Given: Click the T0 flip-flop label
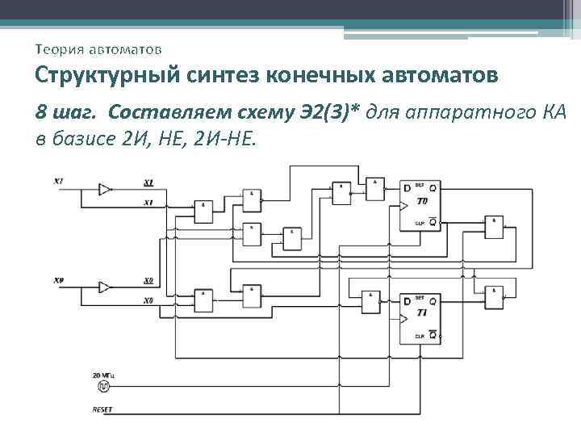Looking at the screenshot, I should point(422,200).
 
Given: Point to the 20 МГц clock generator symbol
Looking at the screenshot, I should point(103,388).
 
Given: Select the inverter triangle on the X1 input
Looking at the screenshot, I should point(105,189).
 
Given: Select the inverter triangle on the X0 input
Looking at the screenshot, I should point(105,287).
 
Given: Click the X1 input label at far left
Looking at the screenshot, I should point(59,182).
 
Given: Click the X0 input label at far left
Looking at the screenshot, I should point(59,280).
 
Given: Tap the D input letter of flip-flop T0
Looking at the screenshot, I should point(407,189).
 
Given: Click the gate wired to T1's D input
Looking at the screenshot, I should point(370,300).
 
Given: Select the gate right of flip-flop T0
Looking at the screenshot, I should point(492,227).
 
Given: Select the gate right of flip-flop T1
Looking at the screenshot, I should point(492,299).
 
